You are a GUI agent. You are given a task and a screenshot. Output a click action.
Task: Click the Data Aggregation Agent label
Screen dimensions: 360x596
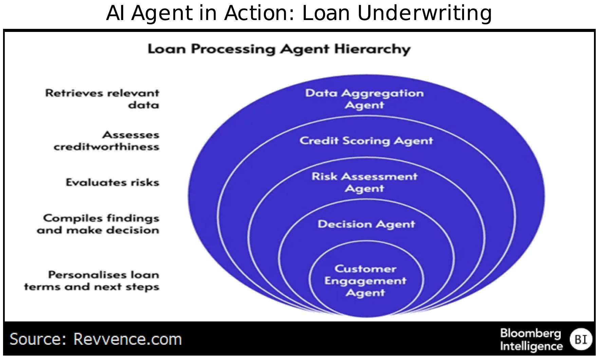tap(365, 99)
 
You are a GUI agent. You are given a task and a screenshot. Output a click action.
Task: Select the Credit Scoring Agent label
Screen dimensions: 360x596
tap(366, 141)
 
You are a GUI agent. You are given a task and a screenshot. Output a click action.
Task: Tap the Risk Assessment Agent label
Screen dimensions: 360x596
tap(365, 182)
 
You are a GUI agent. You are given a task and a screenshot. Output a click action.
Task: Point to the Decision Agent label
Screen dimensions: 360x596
tap(366, 224)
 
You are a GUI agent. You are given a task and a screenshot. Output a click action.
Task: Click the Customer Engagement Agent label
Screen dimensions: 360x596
tap(365, 281)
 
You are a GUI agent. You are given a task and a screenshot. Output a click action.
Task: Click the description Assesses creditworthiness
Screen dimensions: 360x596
tap(107, 141)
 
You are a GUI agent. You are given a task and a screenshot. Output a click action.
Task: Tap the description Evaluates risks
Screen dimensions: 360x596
tap(112, 182)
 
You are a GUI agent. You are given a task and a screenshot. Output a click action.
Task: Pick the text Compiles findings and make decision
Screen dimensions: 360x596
tap(98, 224)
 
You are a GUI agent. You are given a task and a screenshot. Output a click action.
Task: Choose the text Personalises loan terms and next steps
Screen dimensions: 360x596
tap(92, 281)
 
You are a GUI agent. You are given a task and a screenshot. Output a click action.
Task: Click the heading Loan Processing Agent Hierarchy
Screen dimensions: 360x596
tap(279, 49)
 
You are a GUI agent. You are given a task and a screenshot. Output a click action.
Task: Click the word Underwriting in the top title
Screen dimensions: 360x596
tap(424, 14)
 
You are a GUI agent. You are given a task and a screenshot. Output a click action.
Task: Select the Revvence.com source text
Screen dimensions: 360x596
tap(128, 339)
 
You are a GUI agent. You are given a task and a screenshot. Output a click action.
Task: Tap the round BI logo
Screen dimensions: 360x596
tap(581, 339)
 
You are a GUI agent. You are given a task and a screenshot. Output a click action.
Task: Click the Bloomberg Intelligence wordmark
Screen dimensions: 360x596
tap(531, 339)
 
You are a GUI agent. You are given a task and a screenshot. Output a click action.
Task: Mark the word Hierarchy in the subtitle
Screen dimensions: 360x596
tap(372, 49)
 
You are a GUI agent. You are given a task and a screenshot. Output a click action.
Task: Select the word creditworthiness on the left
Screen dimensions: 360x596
tap(107, 147)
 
